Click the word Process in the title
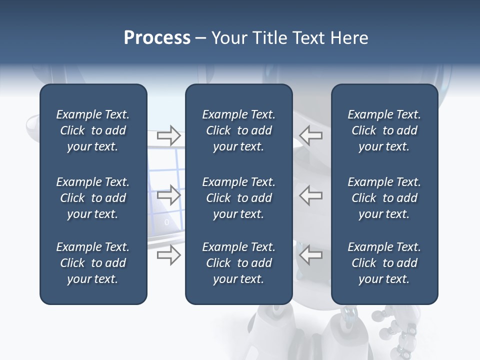(x=157, y=38)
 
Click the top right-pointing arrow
(x=168, y=135)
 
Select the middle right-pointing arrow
(x=168, y=195)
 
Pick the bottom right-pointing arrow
(x=168, y=255)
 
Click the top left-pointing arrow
(x=311, y=135)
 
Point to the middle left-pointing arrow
(x=311, y=195)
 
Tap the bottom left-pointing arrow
(x=311, y=255)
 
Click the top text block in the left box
(x=93, y=130)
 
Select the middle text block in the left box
(x=93, y=198)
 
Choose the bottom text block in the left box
(x=93, y=263)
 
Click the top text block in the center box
(x=238, y=130)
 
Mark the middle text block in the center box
(x=238, y=198)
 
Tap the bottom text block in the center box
(x=238, y=263)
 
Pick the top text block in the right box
(x=384, y=130)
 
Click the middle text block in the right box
(x=384, y=198)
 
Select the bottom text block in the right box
(x=384, y=263)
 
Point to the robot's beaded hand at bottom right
(x=400, y=332)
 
